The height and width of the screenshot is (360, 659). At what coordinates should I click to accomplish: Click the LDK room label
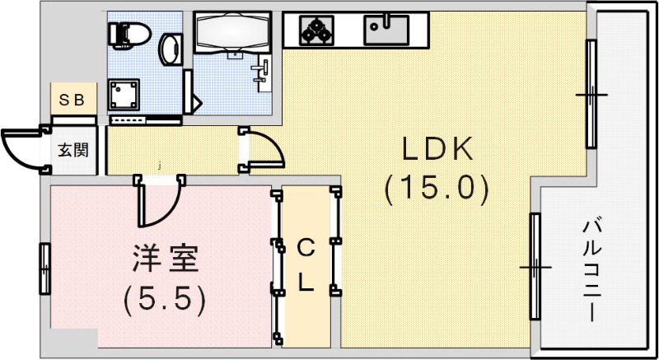[x=437, y=151]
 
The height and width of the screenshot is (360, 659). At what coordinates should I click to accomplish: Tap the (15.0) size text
[x=437, y=189]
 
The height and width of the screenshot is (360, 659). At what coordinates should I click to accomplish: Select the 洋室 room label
[x=165, y=259]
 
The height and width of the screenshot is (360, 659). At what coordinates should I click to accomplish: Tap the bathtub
[x=234, y=33]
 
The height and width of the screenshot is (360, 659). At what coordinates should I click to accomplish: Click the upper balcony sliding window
[x=591, y=95]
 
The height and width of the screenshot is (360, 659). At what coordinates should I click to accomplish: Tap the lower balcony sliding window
[x=535, y=268]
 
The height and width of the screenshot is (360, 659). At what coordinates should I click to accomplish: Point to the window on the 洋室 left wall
[x=44, y=268]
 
